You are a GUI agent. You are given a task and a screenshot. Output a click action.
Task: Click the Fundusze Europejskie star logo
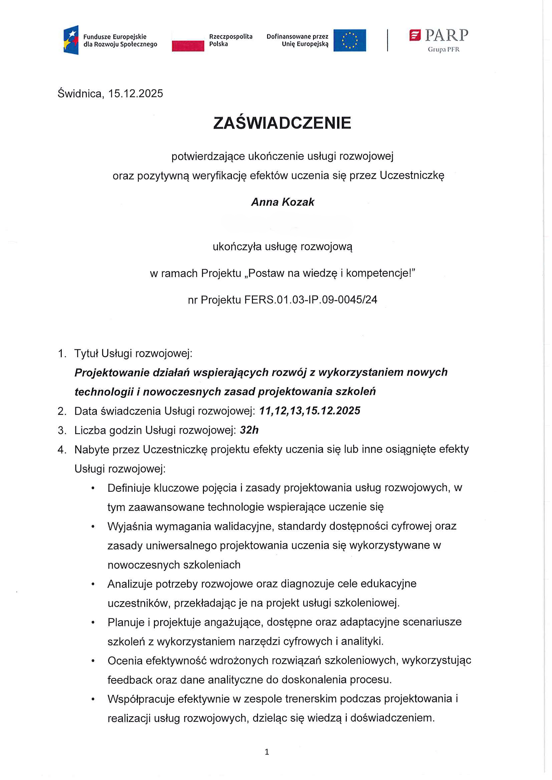71,40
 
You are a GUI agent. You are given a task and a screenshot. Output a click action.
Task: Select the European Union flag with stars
349,40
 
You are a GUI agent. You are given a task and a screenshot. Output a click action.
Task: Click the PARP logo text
446,35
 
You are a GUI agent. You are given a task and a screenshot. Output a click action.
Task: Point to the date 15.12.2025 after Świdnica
135,93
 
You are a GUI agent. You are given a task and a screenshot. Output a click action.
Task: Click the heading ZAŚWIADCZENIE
282,123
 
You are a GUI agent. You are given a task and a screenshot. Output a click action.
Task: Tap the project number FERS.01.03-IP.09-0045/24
310,300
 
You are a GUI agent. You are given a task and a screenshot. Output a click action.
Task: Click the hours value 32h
249,430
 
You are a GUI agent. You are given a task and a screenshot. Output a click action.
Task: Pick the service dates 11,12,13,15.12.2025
309,411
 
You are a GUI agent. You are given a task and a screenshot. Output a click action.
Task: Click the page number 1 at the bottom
267,752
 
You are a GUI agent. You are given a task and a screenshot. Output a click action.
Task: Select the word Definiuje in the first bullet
129,488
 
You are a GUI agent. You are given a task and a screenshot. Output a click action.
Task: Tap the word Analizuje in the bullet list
130,584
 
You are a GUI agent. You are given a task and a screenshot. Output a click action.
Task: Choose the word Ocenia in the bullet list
123,661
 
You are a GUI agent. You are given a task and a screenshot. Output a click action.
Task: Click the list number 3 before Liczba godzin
62,431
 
